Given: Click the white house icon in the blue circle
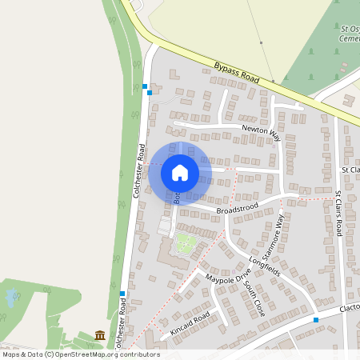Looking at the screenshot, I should [x=180, y=173].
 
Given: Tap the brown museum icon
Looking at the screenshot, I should [x=100, y=334].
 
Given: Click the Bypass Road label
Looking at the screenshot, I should [x=238, y=74].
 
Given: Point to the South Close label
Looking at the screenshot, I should [x=254, y=298].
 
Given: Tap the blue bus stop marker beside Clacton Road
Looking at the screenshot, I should [x=316, y=320].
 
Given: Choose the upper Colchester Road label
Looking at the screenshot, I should [x=138, y=170].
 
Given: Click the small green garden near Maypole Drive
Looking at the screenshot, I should [x=186, y=244].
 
